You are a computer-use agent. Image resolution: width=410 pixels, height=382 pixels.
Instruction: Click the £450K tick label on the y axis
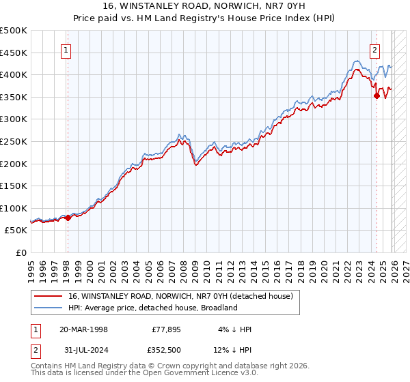[x=14, y=53]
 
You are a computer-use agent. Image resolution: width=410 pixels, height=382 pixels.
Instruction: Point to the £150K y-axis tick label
[x=14, y=186]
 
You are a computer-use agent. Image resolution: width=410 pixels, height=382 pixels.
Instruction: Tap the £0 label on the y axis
[x=22, y=252]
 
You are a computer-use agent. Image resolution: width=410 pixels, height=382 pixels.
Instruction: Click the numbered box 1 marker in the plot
[x=67, y=49]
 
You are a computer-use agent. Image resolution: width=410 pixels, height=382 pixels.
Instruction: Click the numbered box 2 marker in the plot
[x=376, y=49]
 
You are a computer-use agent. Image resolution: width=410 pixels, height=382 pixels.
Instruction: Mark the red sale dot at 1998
[x=68, y=218]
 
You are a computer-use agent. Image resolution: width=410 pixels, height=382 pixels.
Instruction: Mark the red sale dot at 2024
[x=377, y=96]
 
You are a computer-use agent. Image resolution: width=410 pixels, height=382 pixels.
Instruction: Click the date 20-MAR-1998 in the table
[x=83, y=329]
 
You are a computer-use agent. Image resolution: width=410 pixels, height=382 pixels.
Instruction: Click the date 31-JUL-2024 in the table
[x=83, y=351]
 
